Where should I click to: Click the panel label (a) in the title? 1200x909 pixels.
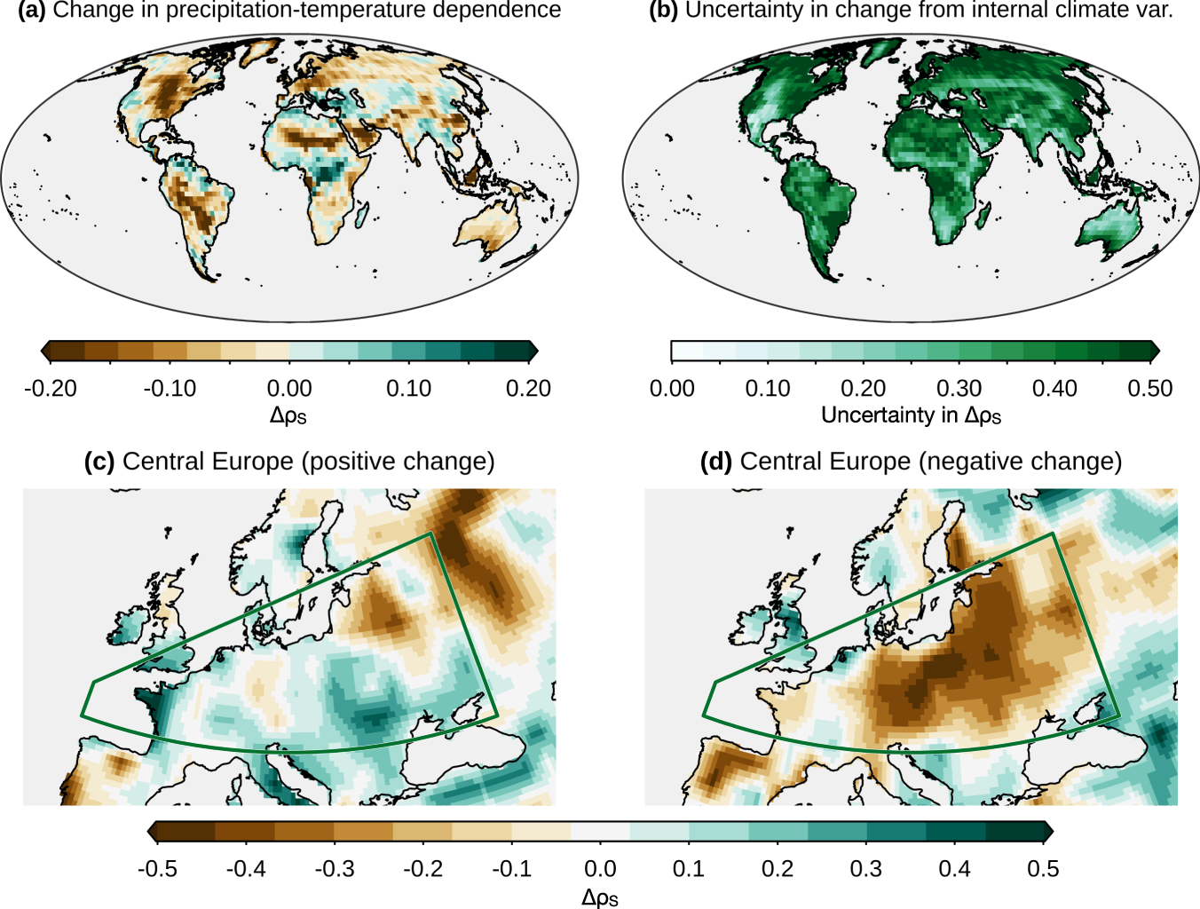click(32, 11)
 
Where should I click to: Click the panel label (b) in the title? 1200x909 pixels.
click(664, 11)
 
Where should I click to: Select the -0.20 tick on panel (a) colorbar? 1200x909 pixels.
click(51, 388)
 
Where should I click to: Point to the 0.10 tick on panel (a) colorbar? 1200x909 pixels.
click(408, 388)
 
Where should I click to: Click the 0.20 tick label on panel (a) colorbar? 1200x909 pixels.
click(528, 388)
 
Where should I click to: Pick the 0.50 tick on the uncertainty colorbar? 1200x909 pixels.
click(1150, 388)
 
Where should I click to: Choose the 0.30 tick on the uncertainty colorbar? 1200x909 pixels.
click(959, 388)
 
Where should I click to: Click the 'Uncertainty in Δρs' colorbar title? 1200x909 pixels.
click(911, 415)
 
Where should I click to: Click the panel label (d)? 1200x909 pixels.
click(716, 462)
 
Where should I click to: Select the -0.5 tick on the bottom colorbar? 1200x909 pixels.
click(157, 868)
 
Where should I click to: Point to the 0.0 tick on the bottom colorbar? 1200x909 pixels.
click(600, 868)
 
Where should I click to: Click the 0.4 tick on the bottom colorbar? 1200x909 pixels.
click(954, 868)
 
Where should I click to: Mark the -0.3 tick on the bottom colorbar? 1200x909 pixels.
click(335, 868)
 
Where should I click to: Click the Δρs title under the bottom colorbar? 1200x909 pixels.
click(600, 897)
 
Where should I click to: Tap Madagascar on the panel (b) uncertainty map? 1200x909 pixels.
click(983, 214)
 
